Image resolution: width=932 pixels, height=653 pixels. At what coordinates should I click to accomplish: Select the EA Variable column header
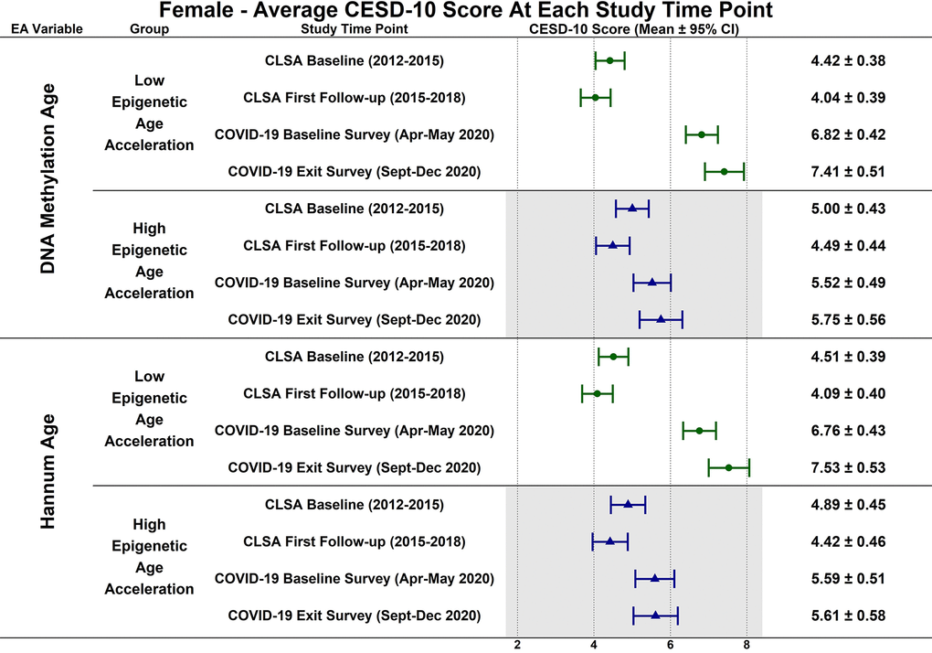point(47,28)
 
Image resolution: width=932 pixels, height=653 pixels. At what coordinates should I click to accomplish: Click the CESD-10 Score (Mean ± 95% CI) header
point(634,28)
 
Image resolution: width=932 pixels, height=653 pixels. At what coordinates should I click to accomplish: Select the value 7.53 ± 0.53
point(848,468)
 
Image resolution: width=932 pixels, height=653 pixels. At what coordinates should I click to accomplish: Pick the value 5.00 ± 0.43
point(848,209)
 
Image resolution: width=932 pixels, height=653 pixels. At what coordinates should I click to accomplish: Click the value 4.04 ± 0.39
point(848,97)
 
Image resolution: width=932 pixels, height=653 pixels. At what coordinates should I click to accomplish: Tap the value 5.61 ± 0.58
point(848,616)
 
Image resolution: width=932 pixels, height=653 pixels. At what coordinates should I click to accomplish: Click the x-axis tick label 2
point(517,644)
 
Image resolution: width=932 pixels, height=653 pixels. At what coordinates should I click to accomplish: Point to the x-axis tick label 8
point(747,644)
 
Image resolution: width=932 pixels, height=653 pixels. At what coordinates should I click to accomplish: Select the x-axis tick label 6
point(670,644)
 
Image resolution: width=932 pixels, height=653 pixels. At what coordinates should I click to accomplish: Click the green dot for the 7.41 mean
point(724,171)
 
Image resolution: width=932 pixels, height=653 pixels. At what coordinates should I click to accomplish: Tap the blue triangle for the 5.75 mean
point(661,319)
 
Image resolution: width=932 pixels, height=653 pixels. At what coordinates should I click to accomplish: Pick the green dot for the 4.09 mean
point(598,393)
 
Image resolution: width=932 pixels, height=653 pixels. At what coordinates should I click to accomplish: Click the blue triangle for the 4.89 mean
point(628,504)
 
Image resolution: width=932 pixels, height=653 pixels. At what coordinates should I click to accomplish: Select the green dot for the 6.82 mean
point(702,134)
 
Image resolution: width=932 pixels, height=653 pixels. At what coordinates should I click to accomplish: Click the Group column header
point(150,28)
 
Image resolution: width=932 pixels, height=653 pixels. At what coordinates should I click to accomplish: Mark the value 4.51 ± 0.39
point(848,357)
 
